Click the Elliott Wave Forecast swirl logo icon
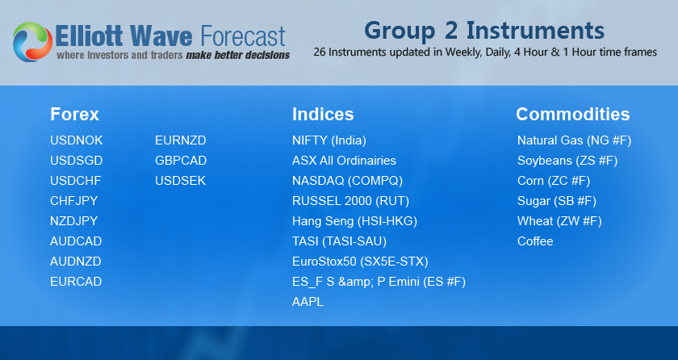(32, 42)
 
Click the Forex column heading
(74, 115)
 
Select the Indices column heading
(323, 115)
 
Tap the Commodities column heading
(573, 115)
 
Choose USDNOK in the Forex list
(77, 140)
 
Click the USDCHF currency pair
(76, 181)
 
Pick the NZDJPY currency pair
(74, 221)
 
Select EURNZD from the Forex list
(181, 140)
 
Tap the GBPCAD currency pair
(181, 161)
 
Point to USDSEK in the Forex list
(180, 181)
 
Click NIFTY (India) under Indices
(329, 140)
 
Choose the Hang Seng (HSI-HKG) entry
(354, 221)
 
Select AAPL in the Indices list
(308, 302)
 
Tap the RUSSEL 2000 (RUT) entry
(350, 201)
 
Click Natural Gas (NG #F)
(574, 140)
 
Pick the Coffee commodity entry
(535, 241)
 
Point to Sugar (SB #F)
(557, 201)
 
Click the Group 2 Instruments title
(484, 31)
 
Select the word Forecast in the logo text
(243, 36)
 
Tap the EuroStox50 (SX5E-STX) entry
(360, 262)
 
